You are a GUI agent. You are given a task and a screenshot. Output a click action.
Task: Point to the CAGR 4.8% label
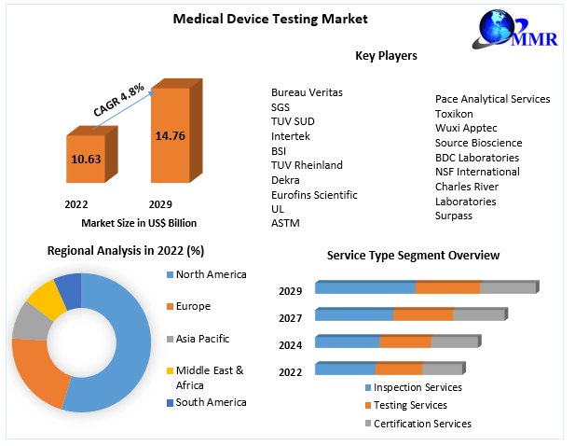[x=118, y=98]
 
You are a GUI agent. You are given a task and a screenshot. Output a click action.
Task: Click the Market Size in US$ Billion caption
[x=139, y=222]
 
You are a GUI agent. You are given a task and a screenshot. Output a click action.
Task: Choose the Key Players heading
[x=386, y=56]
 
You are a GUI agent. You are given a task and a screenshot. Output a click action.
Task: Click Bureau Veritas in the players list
[x=307, y=92]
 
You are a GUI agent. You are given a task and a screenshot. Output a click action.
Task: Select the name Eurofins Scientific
[x=314, y=194]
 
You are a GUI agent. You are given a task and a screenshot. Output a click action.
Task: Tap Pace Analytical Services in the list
[x=492, y=99]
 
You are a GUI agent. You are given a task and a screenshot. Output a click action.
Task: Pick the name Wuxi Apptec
[x=466, y=128]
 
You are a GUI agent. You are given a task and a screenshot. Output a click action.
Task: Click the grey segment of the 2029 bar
[x=508, y=287]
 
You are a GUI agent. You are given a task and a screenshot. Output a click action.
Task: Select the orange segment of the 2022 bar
[x=398, y=369]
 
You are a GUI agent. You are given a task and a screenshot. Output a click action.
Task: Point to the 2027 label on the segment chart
[x=290, y=318]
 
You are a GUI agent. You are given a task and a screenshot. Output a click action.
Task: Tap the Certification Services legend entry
[x=420, y=424]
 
